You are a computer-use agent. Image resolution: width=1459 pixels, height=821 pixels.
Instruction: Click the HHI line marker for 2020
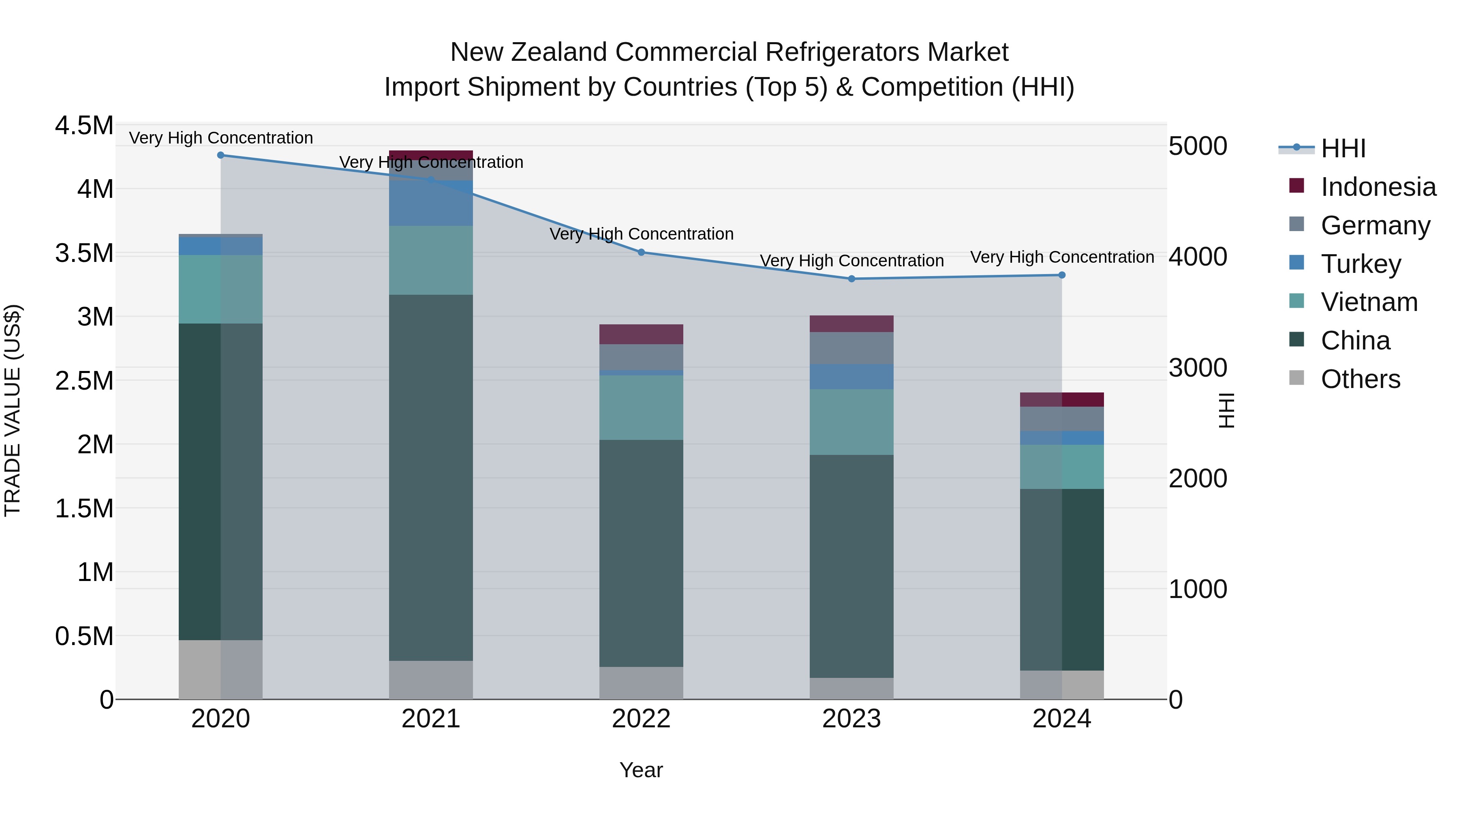(x=221, y=155)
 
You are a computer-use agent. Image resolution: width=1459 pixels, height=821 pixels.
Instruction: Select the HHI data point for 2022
(x=641, y=252)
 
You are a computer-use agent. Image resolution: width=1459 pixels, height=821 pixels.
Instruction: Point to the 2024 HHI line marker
(x=1062, y=275)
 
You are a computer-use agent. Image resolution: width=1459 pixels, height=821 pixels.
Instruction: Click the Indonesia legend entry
(x=1378, y=187)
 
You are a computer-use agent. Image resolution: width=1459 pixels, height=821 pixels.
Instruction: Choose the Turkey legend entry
(x=1361, y=264)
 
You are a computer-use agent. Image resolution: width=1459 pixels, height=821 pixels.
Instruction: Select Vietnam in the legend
(x=1369, y=302)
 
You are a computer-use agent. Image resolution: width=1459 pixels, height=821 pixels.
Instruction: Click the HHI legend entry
(x=1343, y=148)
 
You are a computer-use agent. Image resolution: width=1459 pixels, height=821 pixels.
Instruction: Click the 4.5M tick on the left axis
(x=84, y=125)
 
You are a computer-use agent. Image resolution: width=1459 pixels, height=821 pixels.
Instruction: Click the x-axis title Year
(x=641, y=770)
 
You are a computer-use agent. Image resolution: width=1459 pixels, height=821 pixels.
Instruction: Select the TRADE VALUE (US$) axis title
(x=13, y=410)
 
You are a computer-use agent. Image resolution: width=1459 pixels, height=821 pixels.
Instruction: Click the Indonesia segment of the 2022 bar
(x=641, y=334)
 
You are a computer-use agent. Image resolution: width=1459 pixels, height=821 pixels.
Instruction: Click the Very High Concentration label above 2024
(x=1062, y=257)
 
